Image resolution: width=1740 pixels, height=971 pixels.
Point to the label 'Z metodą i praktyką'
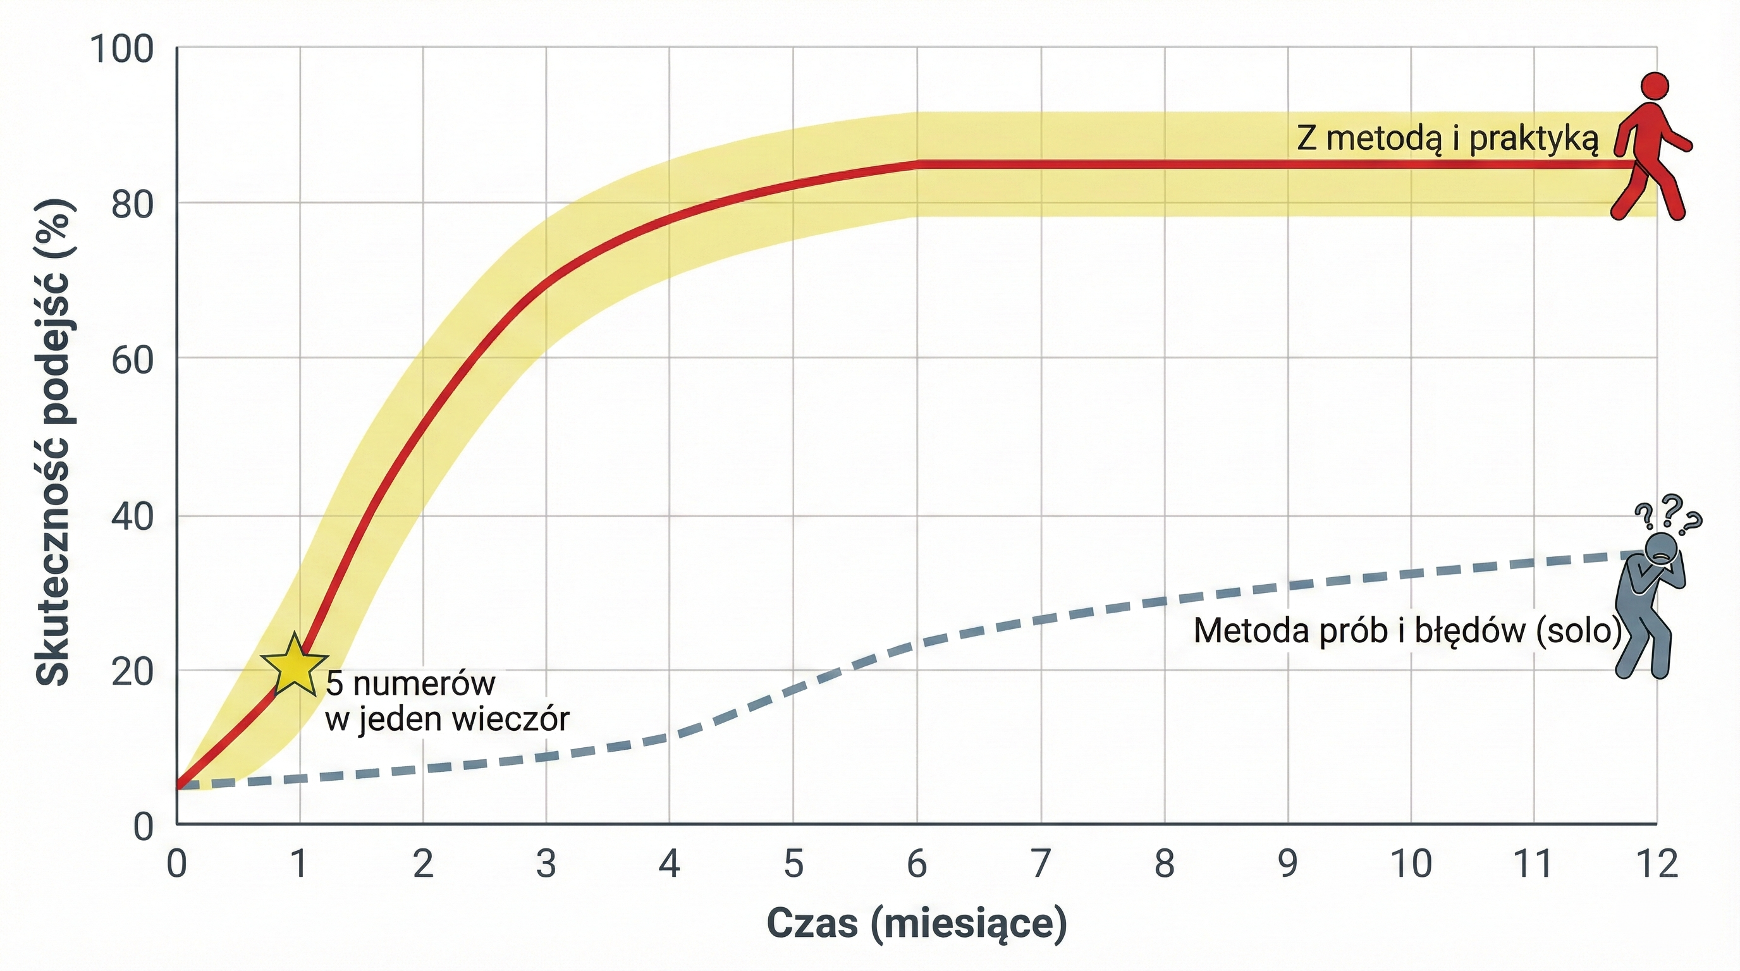click(1447, 139)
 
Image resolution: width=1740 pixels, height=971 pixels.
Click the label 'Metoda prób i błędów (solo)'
click(1407, 631)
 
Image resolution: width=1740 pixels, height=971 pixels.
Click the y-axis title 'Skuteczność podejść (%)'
click(54, 442)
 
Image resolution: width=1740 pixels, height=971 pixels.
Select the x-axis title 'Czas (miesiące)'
click(917, 923)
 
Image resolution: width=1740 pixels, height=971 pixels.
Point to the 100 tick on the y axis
click(122, 49)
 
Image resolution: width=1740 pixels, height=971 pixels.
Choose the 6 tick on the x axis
click(917, 864)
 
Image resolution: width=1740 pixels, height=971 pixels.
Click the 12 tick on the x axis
click(1657, 864)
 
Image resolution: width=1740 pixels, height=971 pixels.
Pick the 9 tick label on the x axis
click(1287, 864)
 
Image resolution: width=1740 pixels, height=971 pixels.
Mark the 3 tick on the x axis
click(546, 864)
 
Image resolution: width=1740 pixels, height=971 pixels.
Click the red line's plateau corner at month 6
click(917, 164)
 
